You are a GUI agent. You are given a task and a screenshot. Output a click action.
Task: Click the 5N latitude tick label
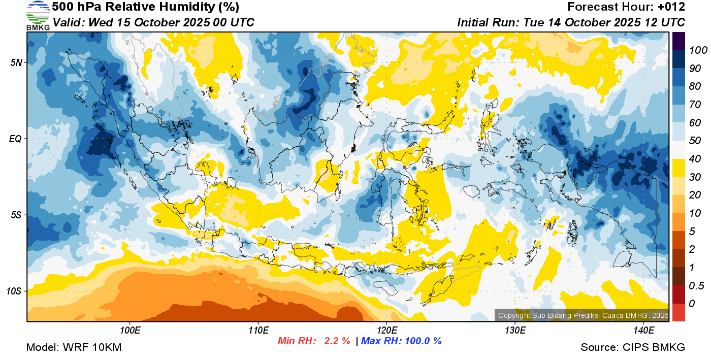[x=16, y=62]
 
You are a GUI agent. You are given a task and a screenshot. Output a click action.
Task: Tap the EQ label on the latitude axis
[x=15, y=139]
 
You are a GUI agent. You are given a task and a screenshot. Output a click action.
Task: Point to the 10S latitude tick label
[x=14, y=291]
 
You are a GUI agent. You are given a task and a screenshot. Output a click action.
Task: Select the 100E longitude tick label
[x=131, y=331]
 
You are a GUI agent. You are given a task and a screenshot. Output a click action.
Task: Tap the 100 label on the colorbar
[x=695, y=50]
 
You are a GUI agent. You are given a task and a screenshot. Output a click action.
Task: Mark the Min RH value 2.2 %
[x=337, y=341]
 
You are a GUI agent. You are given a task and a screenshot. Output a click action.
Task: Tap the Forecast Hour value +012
[x=670, y=7]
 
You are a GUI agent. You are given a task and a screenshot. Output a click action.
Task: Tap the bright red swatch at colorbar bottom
[x=678, y=312]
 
